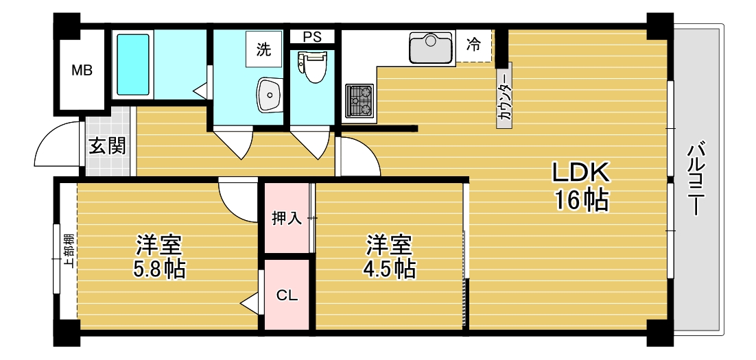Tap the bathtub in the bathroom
(133, 65)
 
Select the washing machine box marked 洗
(264, 49)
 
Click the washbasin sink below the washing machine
(269, 94)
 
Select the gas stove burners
(359, 100)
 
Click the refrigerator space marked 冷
(473, 45)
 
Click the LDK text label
(582, 172)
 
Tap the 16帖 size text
(582, 200)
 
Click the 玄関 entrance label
(108, 146)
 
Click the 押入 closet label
(287, 219)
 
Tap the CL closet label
(287, 296)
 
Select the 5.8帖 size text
(159, 269)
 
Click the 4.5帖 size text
(388, 269)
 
